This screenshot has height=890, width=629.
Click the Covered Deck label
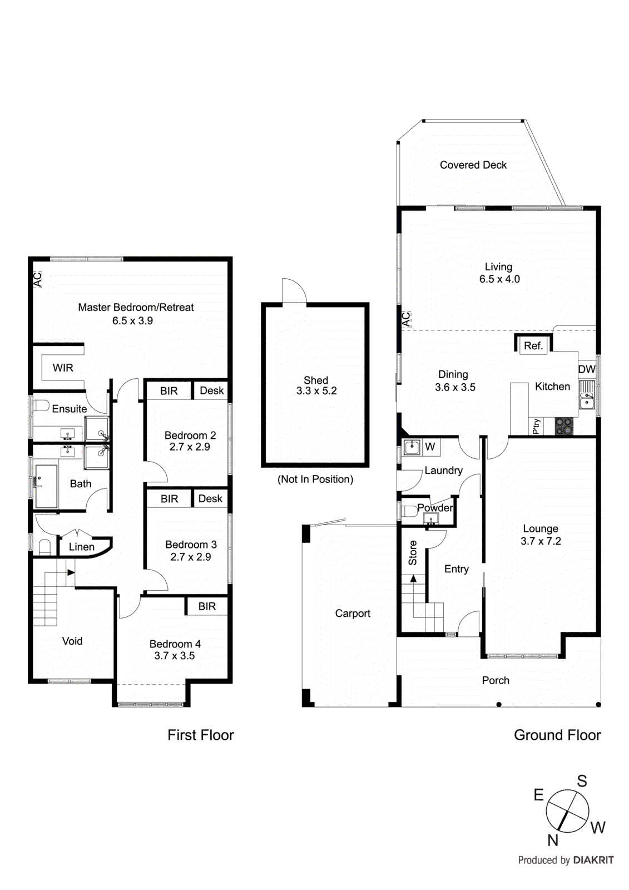pyautogui.click(x=473, y=165)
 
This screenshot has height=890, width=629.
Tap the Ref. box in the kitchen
pyautogui.click(x=533, y=345)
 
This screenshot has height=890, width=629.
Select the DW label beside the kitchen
pyautogui.click(x=586, y=369)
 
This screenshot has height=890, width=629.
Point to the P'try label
pyautogui.click(x=536, y=427)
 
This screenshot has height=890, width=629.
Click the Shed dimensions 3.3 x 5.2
pyautogui.click(x=316, y=391)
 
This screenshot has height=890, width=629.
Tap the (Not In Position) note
pyautogui.click(x=315, y=479)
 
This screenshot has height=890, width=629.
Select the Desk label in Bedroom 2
pyautogui.click(x=211, y=390)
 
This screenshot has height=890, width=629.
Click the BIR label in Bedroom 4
pyautogui.click(x=207, y=606)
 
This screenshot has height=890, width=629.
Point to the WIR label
pyautogui.click(x=63, y=368)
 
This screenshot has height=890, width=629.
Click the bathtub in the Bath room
pyautogui.click(x=46, y=486)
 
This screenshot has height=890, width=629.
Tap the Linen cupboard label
pyautogui.click(x=82, y=547)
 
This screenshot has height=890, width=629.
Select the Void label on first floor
pyautogui.click(x=72, y=641)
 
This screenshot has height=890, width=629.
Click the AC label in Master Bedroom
pyautogui.click(x=37, y=279)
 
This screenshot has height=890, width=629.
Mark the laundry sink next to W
pyautogui.click(x=412, y=447)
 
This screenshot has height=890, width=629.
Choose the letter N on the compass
pyautogui.click(x=552, y=840)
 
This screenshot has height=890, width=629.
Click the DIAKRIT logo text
pyautogui.click(x=593, y=860)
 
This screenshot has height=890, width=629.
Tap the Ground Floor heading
pyautogui.click(x=557, y=735)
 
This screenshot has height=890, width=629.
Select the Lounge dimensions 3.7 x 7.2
pyautogui.click(x=541, y=541)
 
